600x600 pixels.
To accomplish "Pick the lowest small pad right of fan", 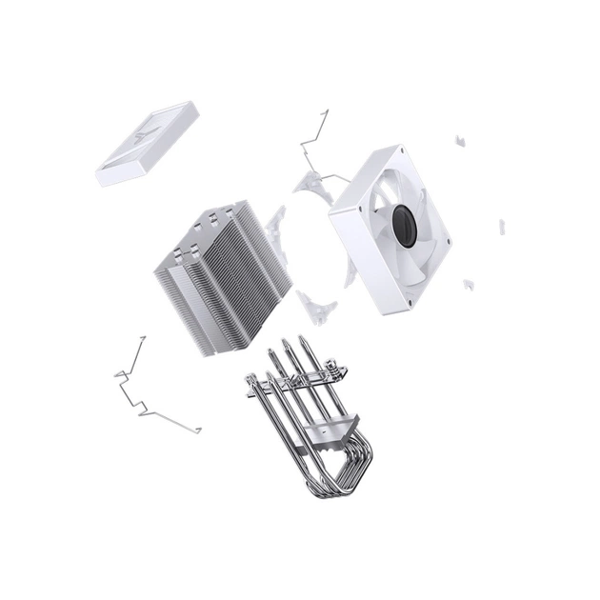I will point(468,284).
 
